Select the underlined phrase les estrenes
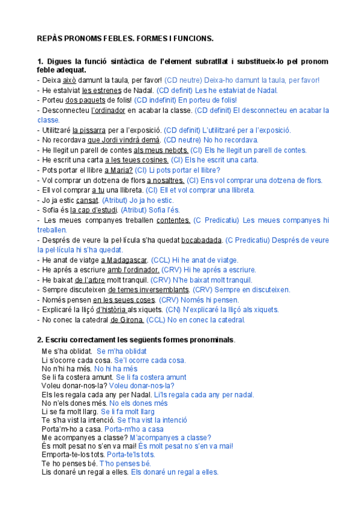pos(102,90)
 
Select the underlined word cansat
pos(87,200)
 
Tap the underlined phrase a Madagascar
pos(124,260)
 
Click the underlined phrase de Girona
pos(127,320)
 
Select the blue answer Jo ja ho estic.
pos(148,200)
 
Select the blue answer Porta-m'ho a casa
pos(134,429)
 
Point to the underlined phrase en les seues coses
pos(124,300)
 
